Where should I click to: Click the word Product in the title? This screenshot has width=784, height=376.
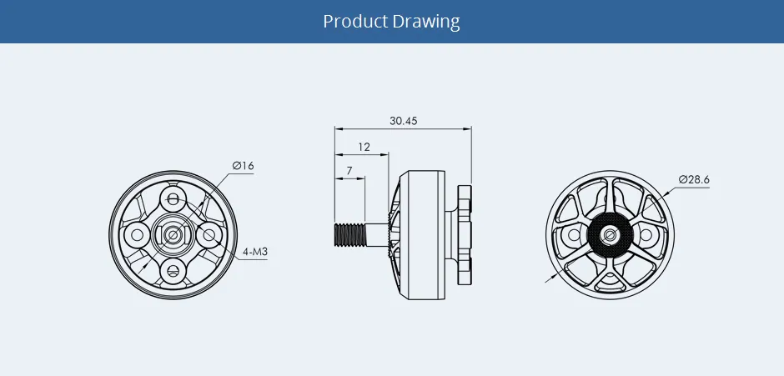tap(355, 21)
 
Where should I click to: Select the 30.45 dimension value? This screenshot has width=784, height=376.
tap(403, 121)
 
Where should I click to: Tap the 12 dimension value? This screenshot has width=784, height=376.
tap(364, 147)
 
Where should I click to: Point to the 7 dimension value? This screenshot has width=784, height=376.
tap(349, 171)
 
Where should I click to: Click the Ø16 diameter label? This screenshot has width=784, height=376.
tap(244, 167)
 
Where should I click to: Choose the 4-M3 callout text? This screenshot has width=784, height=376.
tap(254, 252)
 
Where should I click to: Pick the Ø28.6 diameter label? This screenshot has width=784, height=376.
tap(694, 179)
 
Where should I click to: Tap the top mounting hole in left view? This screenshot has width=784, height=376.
tap(173, 198)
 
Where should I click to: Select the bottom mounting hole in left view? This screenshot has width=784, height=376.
tap(173, 268)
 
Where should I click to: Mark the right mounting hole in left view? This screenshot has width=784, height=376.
tap(209, 234)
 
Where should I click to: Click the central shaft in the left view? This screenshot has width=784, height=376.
tap(173, 234)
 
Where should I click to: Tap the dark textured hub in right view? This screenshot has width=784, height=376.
tap(609, 237)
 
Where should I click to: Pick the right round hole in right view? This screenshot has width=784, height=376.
tap(644, 237)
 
